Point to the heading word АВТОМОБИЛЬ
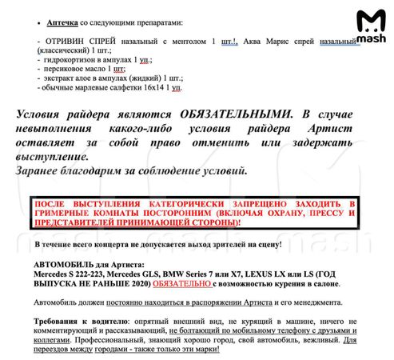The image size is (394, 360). [74, 264]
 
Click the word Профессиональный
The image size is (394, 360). [102, 338]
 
